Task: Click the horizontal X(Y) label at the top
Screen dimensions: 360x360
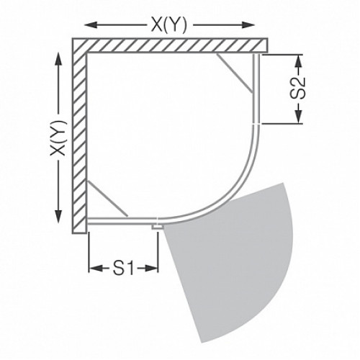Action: click(170, 24)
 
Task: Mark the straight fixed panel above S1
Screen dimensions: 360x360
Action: click(122, 218)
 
